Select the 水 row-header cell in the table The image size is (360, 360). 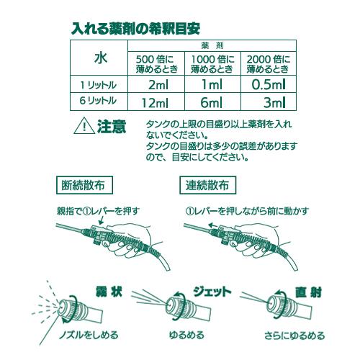point(100,56)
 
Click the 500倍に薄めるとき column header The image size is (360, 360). point(156,63)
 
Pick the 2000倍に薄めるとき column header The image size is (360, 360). point(268,63)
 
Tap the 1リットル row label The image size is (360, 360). point(100,85)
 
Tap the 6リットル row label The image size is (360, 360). point(100,102)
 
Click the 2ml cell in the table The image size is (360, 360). point(158,85)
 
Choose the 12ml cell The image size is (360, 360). point(156,102)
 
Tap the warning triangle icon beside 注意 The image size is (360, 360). point(84,127)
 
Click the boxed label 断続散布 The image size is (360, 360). point(84,184)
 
